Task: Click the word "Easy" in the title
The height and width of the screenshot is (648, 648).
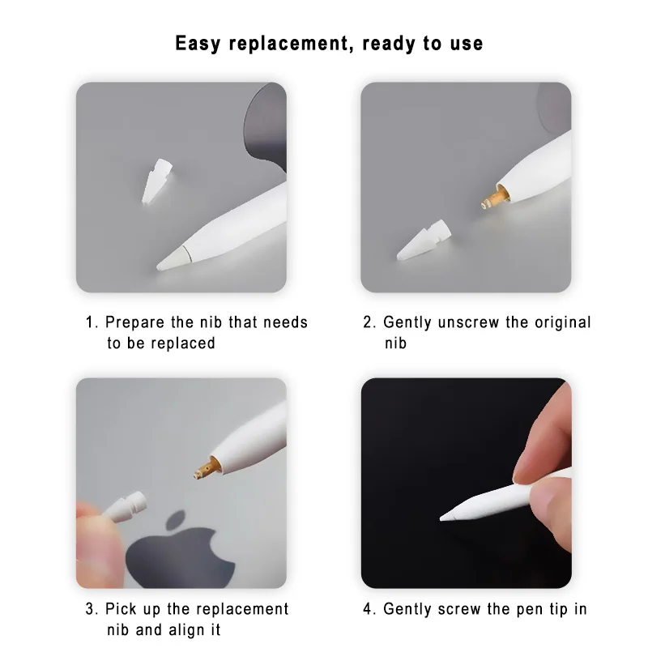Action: pyautogui.click(x=199, y=42)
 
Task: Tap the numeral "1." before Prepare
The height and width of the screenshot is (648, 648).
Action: pyautogui.click(x=92, y=322)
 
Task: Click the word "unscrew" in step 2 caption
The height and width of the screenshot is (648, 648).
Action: pyautogui.click(x=469, y=322)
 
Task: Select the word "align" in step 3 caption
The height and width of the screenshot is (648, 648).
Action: pyautogui.click(x=194, y=629)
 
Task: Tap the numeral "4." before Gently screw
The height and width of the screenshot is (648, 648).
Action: pyautogui.click(x=369, y=609)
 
